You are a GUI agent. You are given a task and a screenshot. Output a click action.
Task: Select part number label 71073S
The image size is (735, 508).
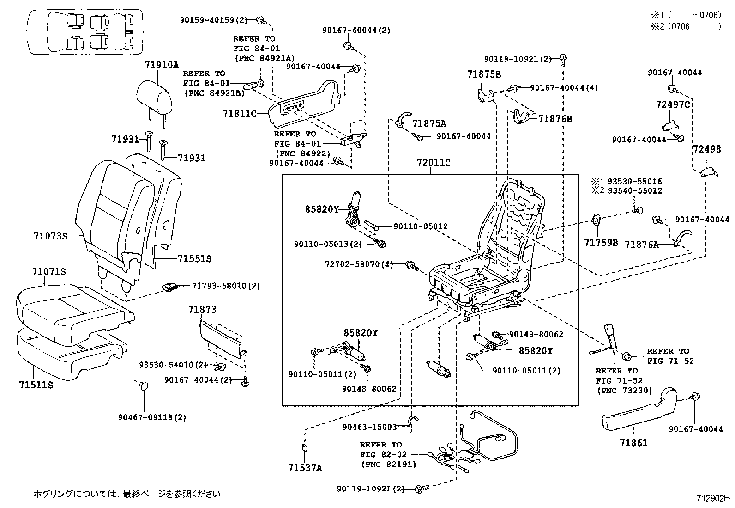click(50, 236)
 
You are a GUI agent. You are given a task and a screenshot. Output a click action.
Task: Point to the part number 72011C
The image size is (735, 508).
click(434, 163)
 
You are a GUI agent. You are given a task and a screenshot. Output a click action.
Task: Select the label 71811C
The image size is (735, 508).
click(239, 113)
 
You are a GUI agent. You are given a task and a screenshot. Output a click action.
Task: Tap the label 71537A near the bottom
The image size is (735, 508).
click(305, 468)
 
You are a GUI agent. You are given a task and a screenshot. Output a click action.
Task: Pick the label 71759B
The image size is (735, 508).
click(601, 242)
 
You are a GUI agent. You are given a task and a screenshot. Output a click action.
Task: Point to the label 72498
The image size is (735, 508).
click(706, 149)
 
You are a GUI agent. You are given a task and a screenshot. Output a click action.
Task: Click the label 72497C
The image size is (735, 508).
click(673, 105)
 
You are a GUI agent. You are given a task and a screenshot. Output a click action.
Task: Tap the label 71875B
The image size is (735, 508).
click(484, 74)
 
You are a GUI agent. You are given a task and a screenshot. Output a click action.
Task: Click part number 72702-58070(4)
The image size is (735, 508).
click(359, 264)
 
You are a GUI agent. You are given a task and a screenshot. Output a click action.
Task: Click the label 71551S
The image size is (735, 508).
click(194, 259)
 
